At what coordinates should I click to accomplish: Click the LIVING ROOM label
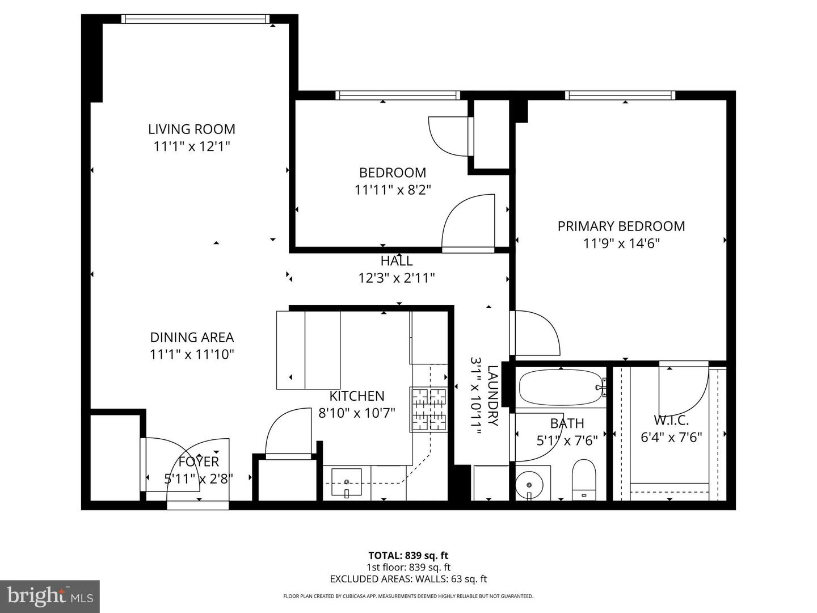pos(192,129)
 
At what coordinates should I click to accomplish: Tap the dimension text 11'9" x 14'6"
pos(621,243)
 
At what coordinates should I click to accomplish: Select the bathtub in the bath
pos(561,387)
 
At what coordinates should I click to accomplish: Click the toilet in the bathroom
pos(583,480)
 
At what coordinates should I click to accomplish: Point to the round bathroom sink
pos(529,485)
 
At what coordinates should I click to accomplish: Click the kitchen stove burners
pos(428,409)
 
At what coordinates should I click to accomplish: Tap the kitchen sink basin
pos(346,482)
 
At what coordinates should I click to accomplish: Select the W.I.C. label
pos(671,421)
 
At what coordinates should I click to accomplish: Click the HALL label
pos(397,261)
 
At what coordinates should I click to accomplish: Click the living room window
pos(195,19)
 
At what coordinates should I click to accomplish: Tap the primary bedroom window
pos(620,95)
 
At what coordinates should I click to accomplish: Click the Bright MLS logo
pos(50,596)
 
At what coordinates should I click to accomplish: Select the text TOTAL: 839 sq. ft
pos(408,556)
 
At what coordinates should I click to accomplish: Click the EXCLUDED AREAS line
pos(408,579)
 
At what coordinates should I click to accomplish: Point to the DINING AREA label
pos(192,337)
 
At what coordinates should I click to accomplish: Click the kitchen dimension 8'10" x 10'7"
pos(357,413)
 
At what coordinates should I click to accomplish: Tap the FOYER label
pos(199,461)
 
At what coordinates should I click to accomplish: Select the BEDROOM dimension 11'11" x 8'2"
pos(393,190)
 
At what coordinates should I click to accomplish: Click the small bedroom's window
pos(397,95)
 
